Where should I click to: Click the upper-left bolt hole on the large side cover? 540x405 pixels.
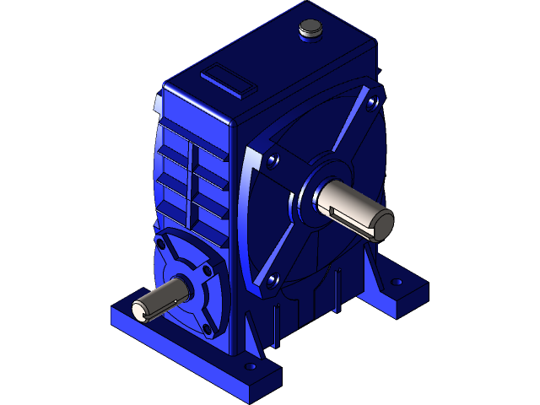(273, 158)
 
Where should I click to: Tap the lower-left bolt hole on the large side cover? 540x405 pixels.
(272, 279)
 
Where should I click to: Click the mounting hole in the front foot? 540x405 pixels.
(250, 368)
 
